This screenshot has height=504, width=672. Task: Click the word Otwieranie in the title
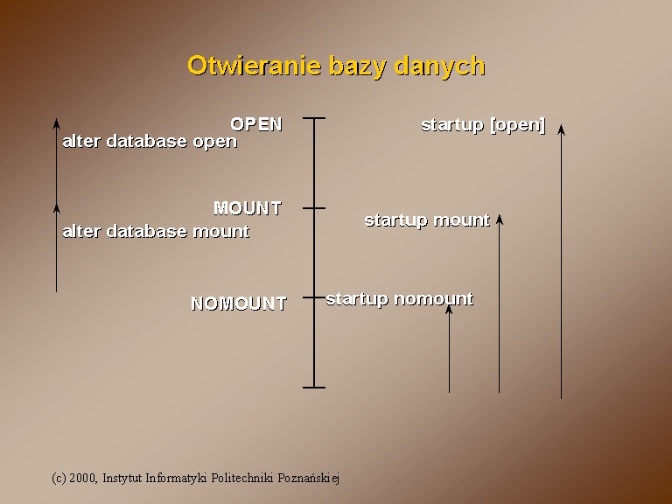tap(255, 66)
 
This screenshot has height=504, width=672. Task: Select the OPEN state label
tap(256, 124)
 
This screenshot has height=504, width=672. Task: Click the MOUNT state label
tap(248, 208)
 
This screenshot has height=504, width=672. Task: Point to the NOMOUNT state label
tap(239, 304)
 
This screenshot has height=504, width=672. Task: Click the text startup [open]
tap(483, 125)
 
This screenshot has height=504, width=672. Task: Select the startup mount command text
tap(427, 220)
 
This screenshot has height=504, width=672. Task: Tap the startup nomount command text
tap(399, 298)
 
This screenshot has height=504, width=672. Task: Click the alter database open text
tap(150, 142)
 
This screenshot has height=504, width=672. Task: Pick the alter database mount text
tap(156, 231)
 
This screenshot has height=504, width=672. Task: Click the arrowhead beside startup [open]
tap(561, 129)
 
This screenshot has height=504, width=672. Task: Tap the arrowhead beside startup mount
tap(500, 219)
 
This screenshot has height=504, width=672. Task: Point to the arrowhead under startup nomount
tap(449, 309)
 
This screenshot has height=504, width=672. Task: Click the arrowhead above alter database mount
tap(56, 209)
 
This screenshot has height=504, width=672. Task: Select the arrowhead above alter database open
tap(56, 123)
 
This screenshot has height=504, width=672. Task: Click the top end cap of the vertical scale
tap(314, 118)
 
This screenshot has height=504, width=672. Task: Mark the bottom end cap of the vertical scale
tap(314, 388)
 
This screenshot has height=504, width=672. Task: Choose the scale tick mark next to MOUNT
tap(314, 208)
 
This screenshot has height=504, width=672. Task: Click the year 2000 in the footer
tap(83, 478)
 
